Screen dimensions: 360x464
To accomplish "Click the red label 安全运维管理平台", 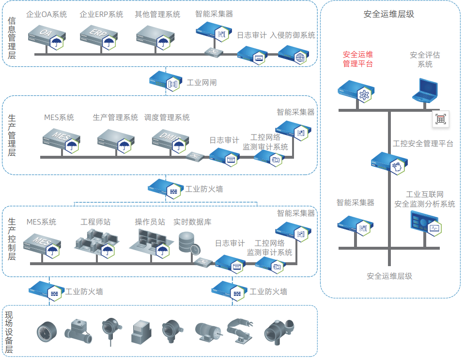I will [x=358, y=59].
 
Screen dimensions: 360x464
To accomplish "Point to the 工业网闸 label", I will [x=201, y=83].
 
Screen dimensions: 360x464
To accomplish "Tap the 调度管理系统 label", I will [x=167, y=118].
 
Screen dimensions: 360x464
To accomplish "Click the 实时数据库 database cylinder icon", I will [x=188, y=243].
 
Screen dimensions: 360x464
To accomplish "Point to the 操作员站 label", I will [x=150, y=222].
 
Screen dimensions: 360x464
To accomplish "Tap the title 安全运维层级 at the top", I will [x=389, y=15].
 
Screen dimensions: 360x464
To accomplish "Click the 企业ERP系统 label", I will [x=101, y=15].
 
